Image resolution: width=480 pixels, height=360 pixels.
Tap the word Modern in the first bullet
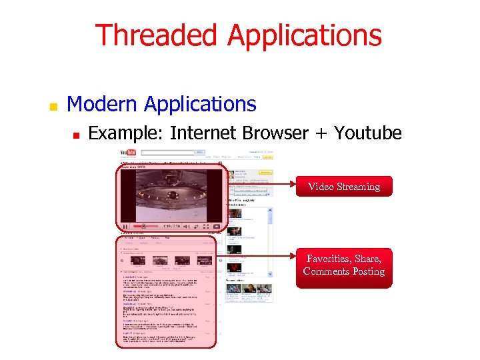click(103, 104)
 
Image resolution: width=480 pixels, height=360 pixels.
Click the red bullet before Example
click(76, 135)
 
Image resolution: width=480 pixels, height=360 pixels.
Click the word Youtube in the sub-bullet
click(368, 133)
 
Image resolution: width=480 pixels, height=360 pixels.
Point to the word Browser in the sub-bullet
click(275, 133)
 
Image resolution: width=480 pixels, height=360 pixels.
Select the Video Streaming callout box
click(344, 187)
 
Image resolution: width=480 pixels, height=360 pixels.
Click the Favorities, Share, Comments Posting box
click(344, 265)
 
